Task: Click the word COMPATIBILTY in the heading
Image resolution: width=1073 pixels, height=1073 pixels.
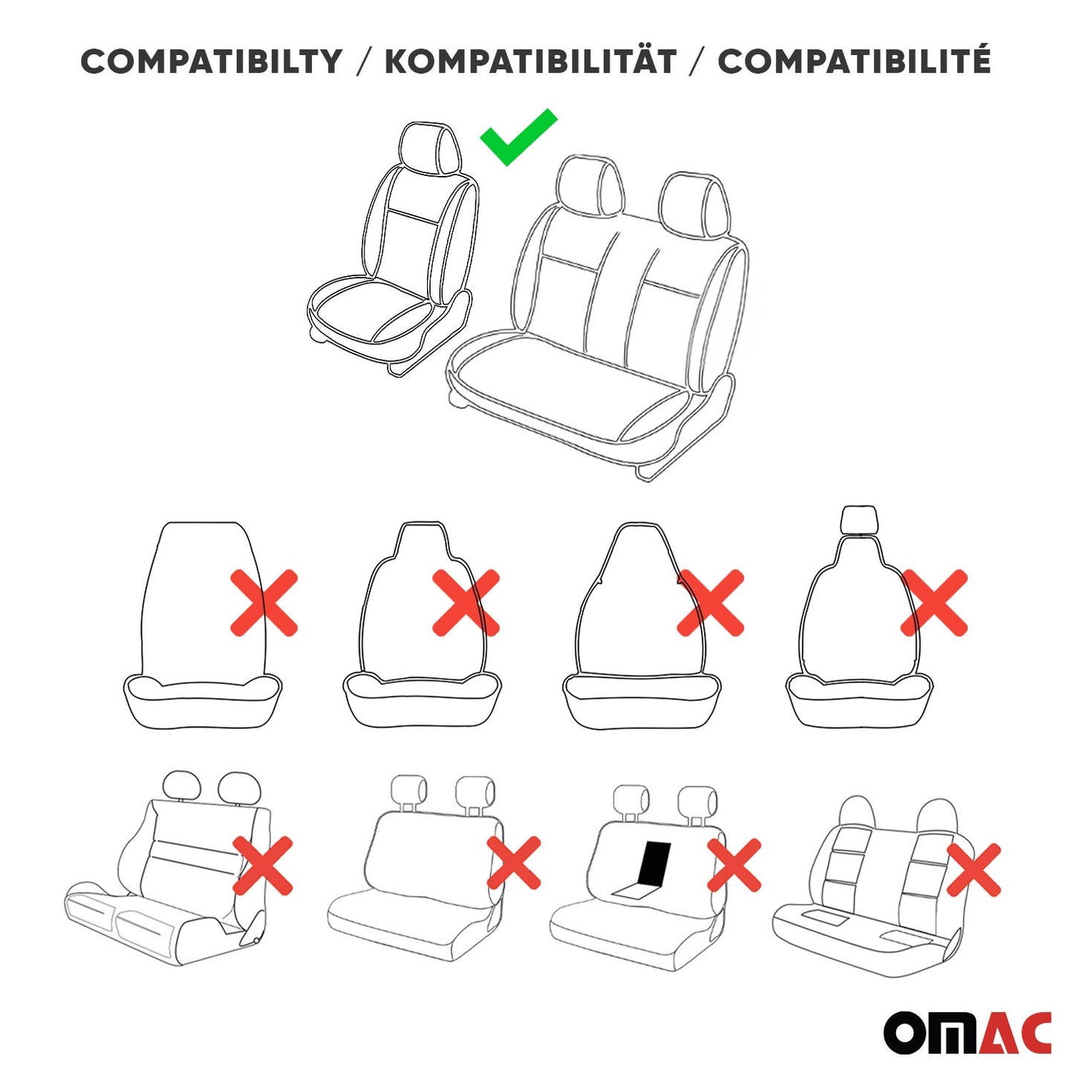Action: pyautogui.click(x=212, y=62)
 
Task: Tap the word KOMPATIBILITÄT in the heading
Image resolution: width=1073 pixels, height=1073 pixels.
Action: pyautogui.click(x=530, y=62)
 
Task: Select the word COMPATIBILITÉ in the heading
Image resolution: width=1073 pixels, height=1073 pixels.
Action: pyautogui.click(x=854, y=62)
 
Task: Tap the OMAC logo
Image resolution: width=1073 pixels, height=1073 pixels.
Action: pyautogui.click(x=967, y=1032)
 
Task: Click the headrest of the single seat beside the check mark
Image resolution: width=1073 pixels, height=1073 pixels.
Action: pyautogui.click(x=429, y=149)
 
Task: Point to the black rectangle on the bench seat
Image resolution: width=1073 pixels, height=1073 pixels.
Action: pyautogui.click(x=653, y=864)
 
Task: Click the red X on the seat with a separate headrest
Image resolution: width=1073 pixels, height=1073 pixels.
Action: pyautogui.click(x=934, y=603)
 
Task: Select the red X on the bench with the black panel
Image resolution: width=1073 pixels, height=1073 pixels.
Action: pyautogui.click(x=734, y=865)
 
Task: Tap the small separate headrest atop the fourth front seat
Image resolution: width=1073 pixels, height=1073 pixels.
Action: pyautogui.click(x=858, y=519)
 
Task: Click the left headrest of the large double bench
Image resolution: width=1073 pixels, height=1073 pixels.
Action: pyautogui.click(x=589, y=184)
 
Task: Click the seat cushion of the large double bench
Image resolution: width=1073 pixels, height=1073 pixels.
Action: pyautogui.click(x=564, y=386)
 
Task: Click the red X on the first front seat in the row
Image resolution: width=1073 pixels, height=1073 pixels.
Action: pyautogui.click(x=264, y=603)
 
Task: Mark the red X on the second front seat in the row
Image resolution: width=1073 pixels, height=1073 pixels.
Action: pyautogui.click(x=466, y=603)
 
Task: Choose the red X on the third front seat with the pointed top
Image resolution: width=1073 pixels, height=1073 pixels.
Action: pyautogui.click(x=711, y=603)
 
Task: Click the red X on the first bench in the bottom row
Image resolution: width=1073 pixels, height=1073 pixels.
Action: pyautogui.click(x=263, y=865)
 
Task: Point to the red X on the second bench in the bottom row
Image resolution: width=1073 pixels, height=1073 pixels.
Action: pyautogui.click(x=514, y=863)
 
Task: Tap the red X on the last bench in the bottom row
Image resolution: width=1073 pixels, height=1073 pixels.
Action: pyautogui.click(x=974, y=870)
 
